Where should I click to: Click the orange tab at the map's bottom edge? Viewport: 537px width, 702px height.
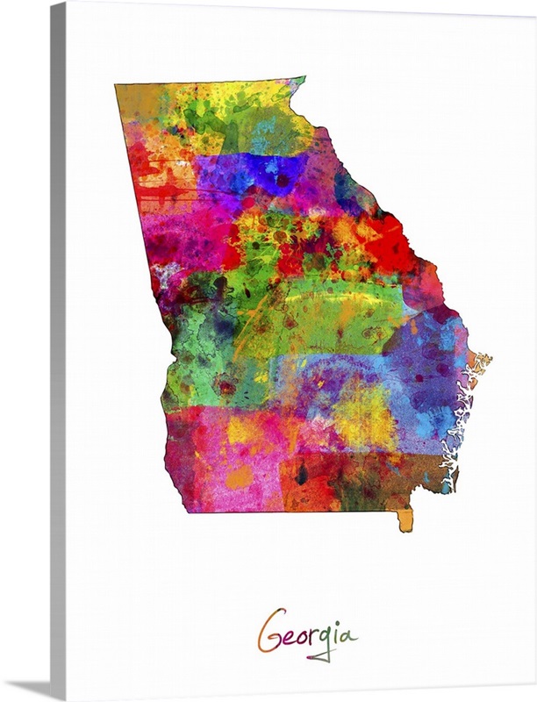[x=405, y=520]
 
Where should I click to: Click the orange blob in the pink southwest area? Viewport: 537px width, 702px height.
[x=239, y=476]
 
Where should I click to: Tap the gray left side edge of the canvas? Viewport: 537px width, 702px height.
[x=58, y=351]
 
